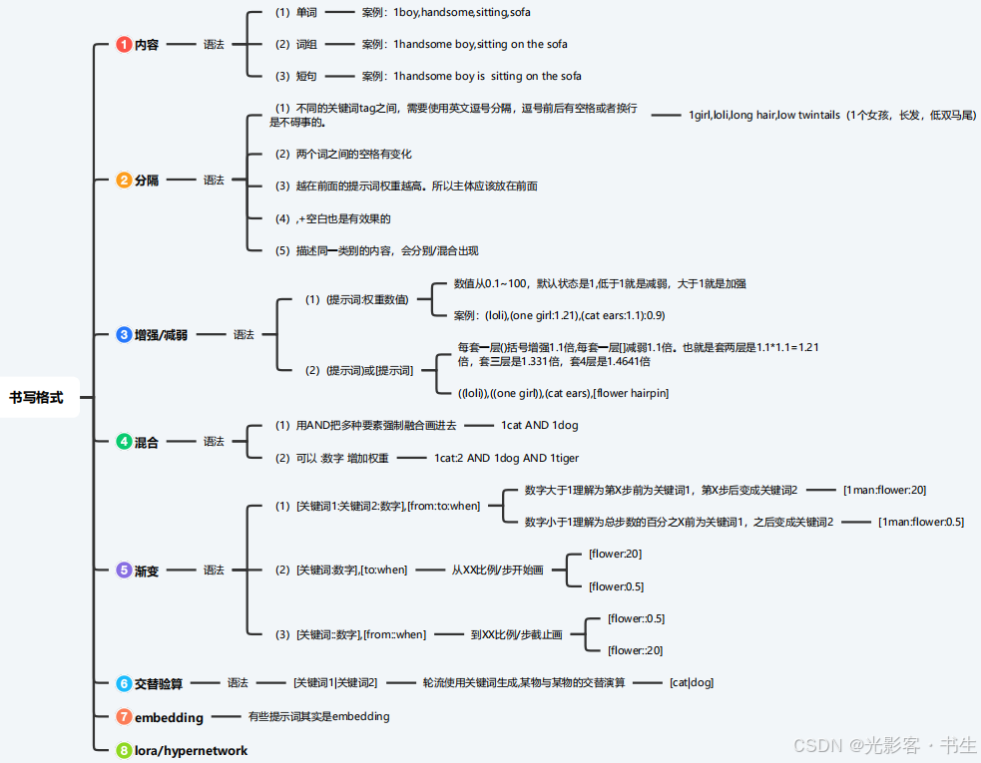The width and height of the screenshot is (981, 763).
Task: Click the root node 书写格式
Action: click(37, 397)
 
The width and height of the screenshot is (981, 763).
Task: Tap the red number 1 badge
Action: click(124, 45)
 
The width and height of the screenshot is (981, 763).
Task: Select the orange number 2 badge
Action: click(124, 181)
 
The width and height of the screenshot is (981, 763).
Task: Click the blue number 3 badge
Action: click(124, 335)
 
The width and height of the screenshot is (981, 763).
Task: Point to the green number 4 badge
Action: click(124, 441)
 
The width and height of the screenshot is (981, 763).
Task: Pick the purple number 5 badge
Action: click(124, 571)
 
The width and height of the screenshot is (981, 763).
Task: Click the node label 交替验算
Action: click(159, 684)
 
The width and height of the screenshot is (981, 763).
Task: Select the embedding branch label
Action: click(169, 717)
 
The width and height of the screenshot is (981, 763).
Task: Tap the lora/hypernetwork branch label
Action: click(191, 750)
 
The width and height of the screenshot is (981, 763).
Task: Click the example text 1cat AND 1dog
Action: click(539, 425)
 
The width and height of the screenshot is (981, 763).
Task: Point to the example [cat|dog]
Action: click(692, 683)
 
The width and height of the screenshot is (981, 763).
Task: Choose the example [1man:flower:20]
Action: click(884, 490)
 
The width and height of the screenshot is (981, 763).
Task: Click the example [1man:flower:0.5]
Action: click(920, 522)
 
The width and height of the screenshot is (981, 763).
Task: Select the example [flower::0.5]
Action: click(636, 618)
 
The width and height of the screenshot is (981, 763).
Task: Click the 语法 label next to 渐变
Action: click(214, 571)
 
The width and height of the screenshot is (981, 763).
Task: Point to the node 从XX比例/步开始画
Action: click(497, 570)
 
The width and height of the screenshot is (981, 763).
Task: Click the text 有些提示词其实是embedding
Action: click(318, 716)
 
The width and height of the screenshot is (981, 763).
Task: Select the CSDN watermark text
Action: click(871, 744)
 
